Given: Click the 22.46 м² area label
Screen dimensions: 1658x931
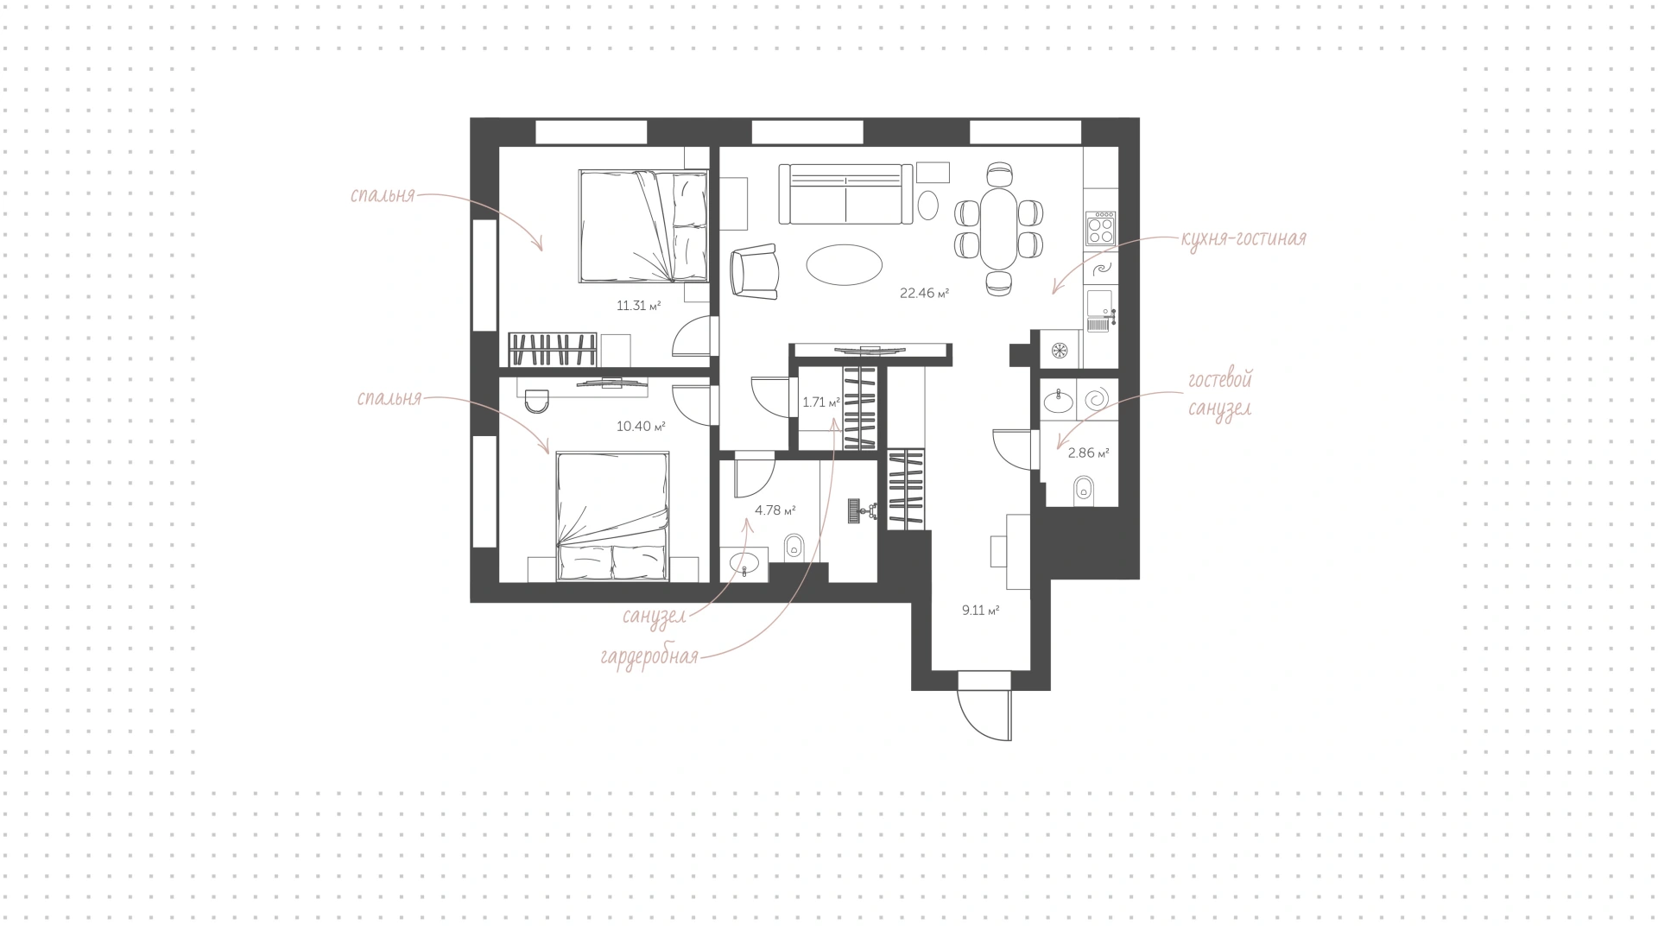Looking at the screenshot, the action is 924,294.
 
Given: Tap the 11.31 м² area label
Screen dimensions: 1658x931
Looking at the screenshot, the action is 639,305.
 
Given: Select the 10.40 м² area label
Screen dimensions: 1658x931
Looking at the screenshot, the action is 641,426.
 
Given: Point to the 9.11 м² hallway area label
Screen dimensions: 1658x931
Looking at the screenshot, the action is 981,611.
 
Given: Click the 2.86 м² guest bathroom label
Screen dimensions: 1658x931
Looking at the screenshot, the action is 1089,453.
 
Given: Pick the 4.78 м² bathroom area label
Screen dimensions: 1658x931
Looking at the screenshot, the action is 775,510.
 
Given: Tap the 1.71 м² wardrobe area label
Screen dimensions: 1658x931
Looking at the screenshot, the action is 821,402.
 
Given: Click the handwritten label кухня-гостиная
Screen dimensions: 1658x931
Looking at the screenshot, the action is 1243,239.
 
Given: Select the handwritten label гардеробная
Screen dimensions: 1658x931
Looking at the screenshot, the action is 649,657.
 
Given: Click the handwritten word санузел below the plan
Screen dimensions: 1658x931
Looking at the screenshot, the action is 655,617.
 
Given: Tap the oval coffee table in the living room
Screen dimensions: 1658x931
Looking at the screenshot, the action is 845,264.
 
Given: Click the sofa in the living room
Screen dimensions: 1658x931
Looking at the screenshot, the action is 846,193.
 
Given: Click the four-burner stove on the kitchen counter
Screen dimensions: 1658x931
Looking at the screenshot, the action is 1101,229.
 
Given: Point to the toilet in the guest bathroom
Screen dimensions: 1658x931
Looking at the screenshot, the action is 1083,491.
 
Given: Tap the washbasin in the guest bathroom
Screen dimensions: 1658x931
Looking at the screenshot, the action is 1059,401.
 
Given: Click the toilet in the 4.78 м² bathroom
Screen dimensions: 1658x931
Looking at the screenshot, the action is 794,548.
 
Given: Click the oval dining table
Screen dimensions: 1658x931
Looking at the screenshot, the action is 999,229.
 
